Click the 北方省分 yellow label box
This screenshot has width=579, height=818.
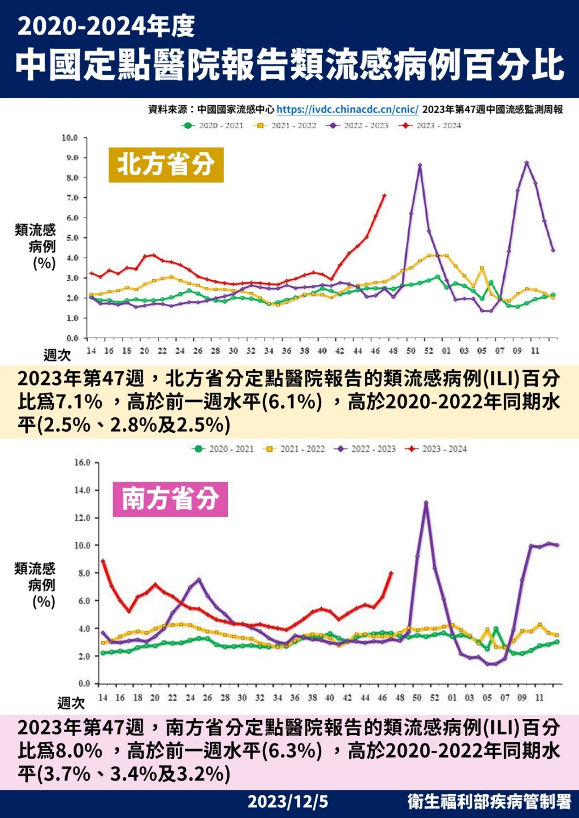pyautogui.click(x=166, y=165)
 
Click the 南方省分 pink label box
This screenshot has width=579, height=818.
pyautogui.click(x=170, y=499)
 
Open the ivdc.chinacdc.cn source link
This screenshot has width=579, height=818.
pyautogui.click(x=347, y=110)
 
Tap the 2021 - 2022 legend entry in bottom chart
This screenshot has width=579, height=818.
pyautogui.click(x=295, y=449)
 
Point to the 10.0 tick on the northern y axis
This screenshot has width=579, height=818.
pyautogui.click(x=70, y=138)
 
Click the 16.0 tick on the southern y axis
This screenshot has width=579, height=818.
pyautogui.click(x=82, y=462)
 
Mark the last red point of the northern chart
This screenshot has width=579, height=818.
pyautogui.click(x=384, y=196)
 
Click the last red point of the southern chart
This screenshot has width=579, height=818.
pyautogui.click(x=391, y=573)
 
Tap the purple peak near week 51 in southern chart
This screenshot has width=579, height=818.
pyautogui.click(x=426, y=502)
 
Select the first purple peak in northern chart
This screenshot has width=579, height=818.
pyautogui.click(x=420, y=165)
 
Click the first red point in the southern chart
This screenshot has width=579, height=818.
pyautogui.click(x=103, y=561)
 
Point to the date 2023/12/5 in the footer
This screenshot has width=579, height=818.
pyautogui.click(x=288, y=802)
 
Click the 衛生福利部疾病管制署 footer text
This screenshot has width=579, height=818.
pyautogui.click(x=489, y=802)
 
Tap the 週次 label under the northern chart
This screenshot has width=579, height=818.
pyautogui.click(x=57, y=355)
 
